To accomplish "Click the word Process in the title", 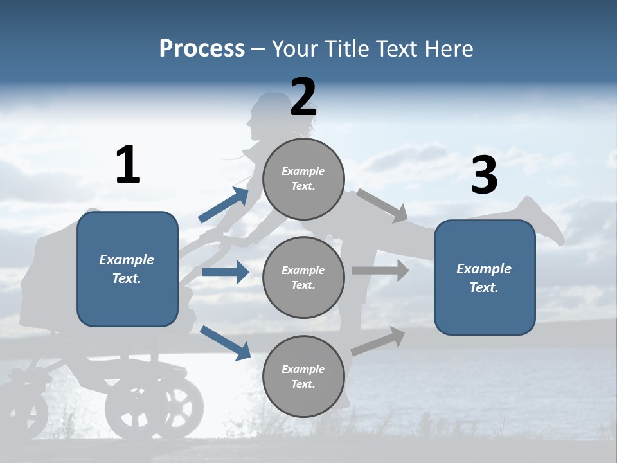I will tap(202, 48).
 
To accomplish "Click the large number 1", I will tap(128, 165).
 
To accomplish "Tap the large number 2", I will tap(303, 97).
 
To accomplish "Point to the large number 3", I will tap(484, 176).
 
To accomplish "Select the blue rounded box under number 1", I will tap(127, 269).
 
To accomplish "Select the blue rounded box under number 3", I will tap(485, 277).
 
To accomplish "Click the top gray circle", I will tap(303, 179).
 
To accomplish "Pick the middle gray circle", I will tap(303, 277).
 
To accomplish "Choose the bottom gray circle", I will tap(303, 376).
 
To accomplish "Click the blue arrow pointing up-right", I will tap(224, 205).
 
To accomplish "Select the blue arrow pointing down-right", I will tap(225, 343).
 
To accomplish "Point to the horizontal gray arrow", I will tap(380, 270).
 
